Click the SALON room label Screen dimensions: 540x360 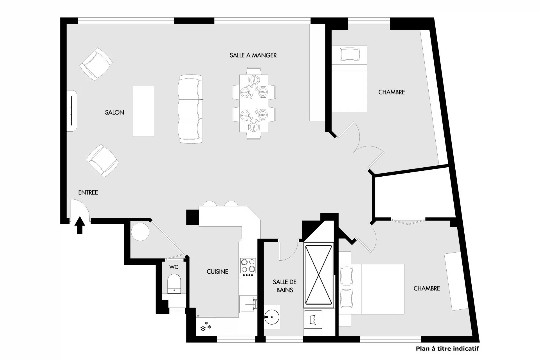(x=114, y=112)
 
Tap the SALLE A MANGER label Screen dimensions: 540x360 (x=253, y=55)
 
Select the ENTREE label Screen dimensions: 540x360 (x=88, y=192)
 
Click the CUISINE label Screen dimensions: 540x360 (x=217, y=272)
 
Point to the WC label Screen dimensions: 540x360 (x=174, y=267)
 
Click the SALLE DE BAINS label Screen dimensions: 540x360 (x=285, y=286)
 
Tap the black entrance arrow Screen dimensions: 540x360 (x=80, y=225)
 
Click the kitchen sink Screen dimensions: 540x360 (x=248, y=304)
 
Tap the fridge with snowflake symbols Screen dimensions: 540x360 (x=206, y=326)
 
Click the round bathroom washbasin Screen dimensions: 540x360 (x=272, y=317)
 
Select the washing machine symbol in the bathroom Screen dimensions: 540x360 (x=313, y=319)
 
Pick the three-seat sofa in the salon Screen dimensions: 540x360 (x=191, y=109)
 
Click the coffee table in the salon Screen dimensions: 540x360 (x=143, y=111)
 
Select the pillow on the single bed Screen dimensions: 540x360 (x=350, y=54)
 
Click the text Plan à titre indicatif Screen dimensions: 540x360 (x=447, y=349)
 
